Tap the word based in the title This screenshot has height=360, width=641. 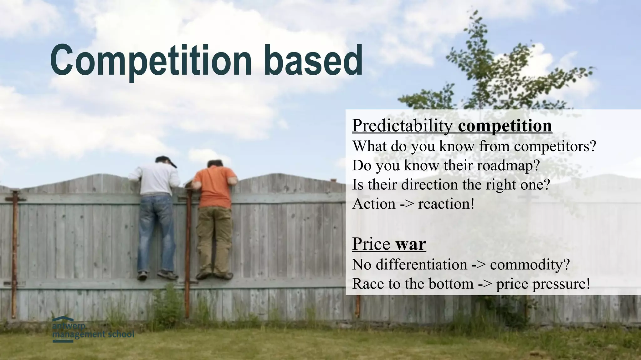click(x=313, y=60)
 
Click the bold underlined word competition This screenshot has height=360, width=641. click(x=505, y=126)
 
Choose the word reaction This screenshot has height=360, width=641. click(x=446, y=204)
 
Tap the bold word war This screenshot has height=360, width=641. click(x=410, y=244)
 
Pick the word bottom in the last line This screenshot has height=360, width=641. click(x=451, y=284)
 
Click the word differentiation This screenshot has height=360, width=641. click(x=421, y=265)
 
